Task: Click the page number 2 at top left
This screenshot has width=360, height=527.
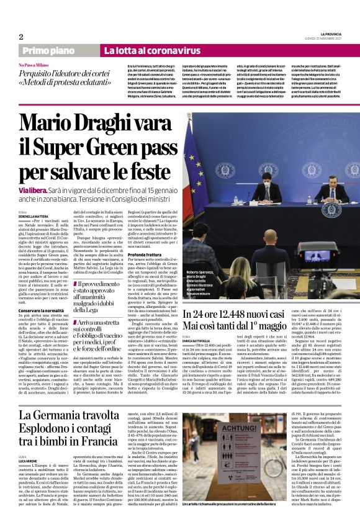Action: pyautogui.click(x=20, y=37)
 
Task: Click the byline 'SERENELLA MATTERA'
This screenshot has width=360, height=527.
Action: pyautogui.click(x=35, y=216)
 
